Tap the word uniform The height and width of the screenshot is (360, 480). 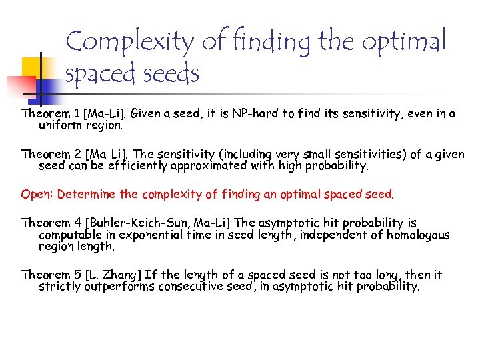click(61, 125)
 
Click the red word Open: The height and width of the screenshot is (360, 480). click(37, 194)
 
